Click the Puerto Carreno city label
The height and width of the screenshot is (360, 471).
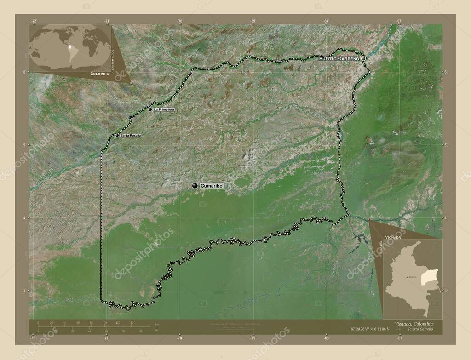coord(339,59)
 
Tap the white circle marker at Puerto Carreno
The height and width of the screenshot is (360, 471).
coord(363,59)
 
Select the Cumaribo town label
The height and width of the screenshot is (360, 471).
coord(211,185)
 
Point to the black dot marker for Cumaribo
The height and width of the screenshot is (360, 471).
coord(195,185)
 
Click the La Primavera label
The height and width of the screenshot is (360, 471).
coord(164,110)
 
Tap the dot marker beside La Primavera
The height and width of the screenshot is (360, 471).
coord(150,109)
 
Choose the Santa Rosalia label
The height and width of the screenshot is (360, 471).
coord(131,136)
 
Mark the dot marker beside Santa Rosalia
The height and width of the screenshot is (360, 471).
coord(117,136)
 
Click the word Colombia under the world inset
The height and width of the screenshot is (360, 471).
coord(99,74)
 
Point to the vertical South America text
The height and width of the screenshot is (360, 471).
coord(113,52)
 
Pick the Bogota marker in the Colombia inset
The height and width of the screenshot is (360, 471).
coord(408,277)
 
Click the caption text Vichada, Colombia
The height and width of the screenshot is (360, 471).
coord(413,324)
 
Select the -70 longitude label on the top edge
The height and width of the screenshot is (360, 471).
coord(180,21)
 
